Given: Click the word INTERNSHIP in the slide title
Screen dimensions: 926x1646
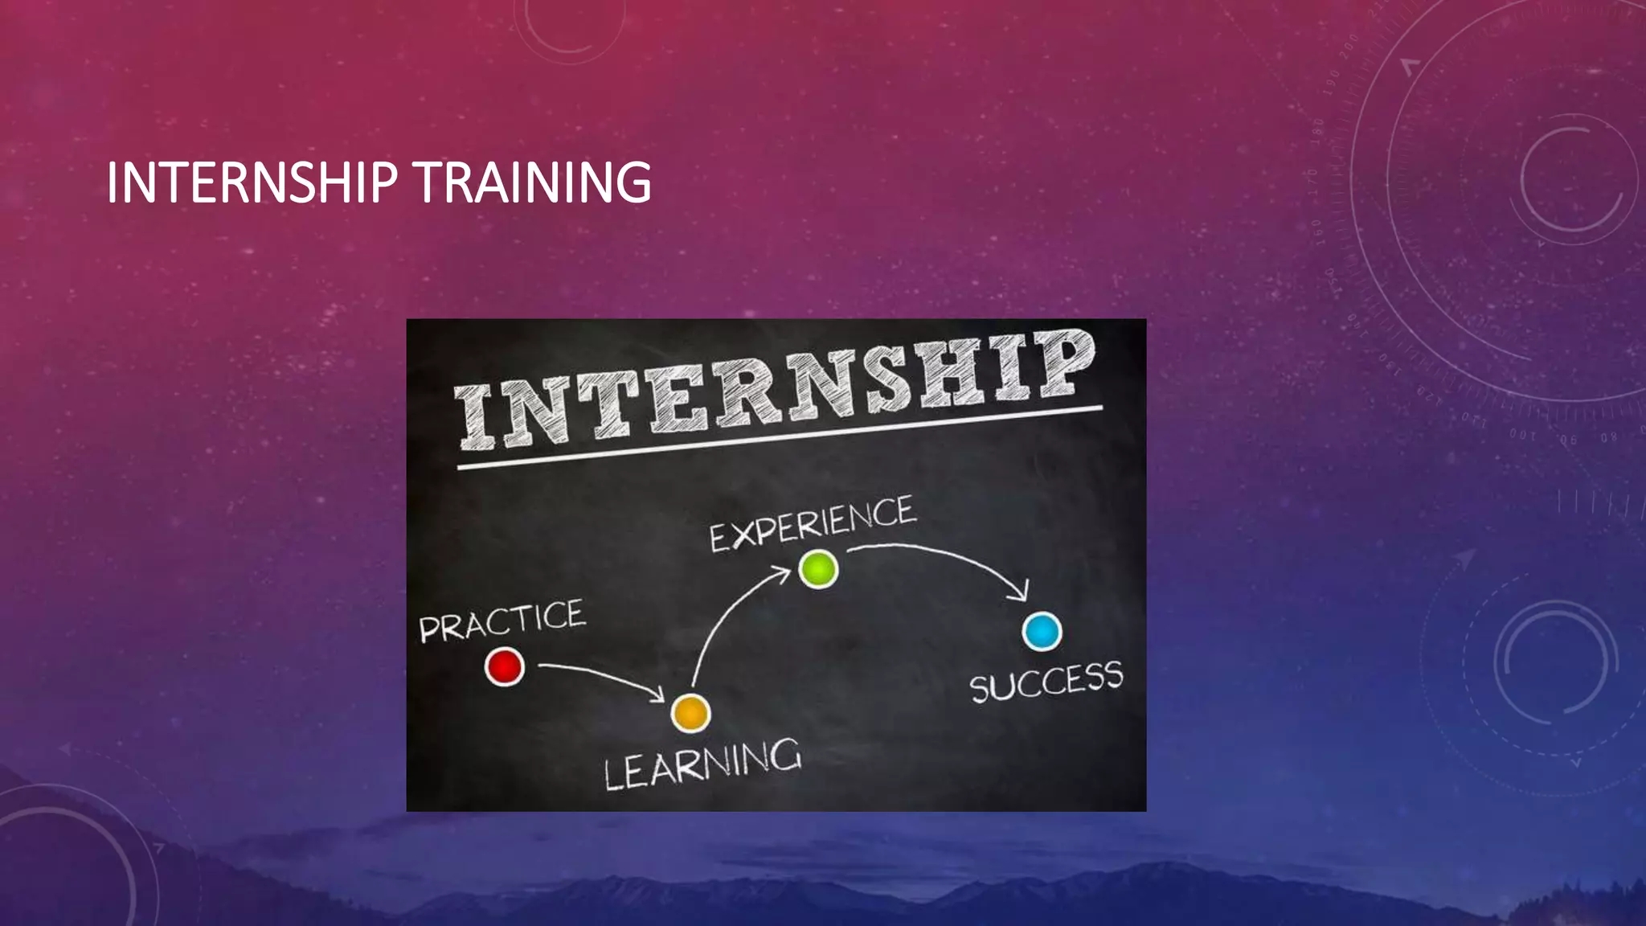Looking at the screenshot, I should (252, 182).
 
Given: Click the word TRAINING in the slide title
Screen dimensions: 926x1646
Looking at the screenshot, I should (533, 182).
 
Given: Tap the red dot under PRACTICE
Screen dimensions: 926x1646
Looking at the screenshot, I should (505, 667).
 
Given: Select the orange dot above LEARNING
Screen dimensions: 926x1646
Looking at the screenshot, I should (690, 713).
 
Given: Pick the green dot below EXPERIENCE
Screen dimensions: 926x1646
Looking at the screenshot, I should (818, 569).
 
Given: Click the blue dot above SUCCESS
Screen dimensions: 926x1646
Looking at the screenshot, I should (1042, 631).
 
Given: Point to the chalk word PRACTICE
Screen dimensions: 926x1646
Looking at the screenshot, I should (502, 620).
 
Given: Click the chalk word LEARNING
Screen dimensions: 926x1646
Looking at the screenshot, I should (702, 764).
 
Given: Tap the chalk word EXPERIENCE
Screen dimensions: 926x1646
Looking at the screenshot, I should (812, 524).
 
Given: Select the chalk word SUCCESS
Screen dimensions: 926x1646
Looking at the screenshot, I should (1046, 682).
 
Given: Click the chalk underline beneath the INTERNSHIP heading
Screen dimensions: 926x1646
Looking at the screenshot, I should (780, 438).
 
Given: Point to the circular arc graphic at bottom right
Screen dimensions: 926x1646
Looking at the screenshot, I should (1555, 663).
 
